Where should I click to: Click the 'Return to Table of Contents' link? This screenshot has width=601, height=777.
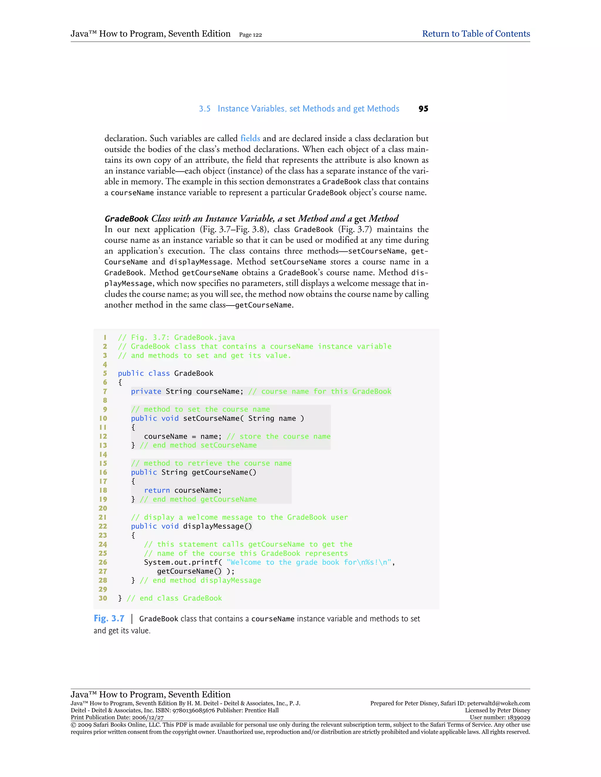pyautogui.click(x=476, y=34)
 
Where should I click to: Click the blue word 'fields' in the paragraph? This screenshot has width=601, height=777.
pyautogui.click(x=250, y=138)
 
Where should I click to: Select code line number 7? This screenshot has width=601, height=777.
pyautogui.click(x=105, y=391)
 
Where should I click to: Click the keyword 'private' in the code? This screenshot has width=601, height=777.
pyautogui.click(x=146, y=391)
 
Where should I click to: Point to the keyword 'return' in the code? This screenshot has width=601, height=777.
pyautogui.click(x=157, y=490)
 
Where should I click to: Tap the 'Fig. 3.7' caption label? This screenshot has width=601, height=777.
pyautogui.click(x=109, y=619)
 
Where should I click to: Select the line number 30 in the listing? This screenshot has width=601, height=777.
pyautogui.click(x=103, y=598)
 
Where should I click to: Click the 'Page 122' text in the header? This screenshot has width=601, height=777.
pyautogui.click(x=250, y=35)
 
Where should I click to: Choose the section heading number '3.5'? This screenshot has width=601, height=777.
pyautogui.click(x=205, y=109)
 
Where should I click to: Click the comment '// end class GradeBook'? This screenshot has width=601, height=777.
pyautogui.click(x=174, y=598)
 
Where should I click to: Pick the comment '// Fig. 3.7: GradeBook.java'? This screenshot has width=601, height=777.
pyautogui.click(x=176, y=337)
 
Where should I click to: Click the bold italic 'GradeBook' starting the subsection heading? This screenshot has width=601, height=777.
pyautogui.click(x=126, y=218)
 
